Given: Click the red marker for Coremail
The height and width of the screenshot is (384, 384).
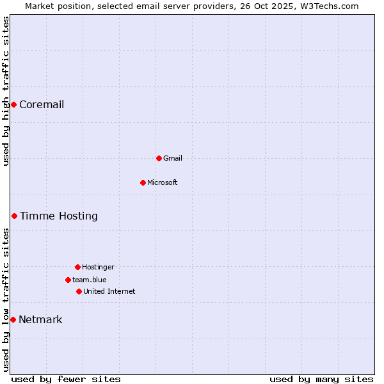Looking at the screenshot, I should coord(13,104).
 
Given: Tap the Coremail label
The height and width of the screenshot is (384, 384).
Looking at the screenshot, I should coord(42,105).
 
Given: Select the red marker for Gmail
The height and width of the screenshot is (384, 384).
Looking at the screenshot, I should coord(159,158).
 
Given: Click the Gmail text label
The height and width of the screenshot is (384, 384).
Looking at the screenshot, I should coord(173,158).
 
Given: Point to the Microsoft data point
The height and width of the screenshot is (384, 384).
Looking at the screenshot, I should coord(143,182).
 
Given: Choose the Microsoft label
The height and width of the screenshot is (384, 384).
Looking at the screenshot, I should coord(163,182).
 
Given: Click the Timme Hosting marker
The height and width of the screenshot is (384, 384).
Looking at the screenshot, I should coord(14,216).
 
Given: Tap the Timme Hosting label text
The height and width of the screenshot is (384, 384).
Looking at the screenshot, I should coord(59,216).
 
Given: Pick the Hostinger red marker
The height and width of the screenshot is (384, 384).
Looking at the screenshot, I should coord(77,267).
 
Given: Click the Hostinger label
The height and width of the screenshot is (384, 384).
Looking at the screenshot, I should coord(98,267).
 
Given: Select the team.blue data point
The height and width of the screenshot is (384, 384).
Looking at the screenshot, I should coord(68,280).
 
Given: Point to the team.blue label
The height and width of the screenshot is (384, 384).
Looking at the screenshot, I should coord(90,280).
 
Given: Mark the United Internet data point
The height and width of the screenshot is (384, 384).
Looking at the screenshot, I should coord(79,291).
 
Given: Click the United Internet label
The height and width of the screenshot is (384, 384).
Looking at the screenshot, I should coord(109,291).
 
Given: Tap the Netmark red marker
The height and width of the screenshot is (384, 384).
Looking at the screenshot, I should coord(13,319).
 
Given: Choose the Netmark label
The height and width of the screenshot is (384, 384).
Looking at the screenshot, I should coord(40,320).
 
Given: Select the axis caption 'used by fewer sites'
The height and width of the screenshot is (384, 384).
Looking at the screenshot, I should coord(66,379).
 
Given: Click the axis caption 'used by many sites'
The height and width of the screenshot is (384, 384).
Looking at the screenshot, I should coord(321,379).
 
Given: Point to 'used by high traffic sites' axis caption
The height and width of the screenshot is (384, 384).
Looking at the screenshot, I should coord(6,91).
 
